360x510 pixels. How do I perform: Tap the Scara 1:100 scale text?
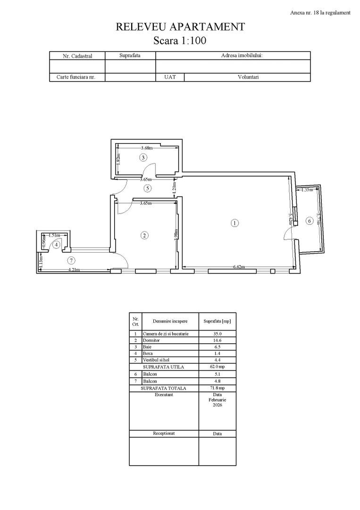click(x=180, y=41)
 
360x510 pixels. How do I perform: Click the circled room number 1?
click(x=234, y=223)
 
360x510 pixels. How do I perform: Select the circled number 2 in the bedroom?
click(x=145, y=235)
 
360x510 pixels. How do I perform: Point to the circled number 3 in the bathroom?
click(x=143, y=157)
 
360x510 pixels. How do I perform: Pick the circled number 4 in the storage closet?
click(x=56, y=245)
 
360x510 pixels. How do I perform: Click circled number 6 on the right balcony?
click(x=310, y=221)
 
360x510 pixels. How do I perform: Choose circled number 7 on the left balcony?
click(x=71, y=260)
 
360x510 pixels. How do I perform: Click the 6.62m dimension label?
click(x=239, y=267)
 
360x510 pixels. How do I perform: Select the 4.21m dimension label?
click(x=74, y=270)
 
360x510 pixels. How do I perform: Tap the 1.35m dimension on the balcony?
click(x=307, y=190)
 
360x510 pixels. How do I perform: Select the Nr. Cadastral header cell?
click(x=77, y=56)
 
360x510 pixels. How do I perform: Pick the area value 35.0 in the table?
click(x=217, y=333)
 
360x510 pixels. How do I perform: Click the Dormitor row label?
click(x=151, y=340)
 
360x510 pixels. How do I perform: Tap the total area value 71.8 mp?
click(x=217, y=388)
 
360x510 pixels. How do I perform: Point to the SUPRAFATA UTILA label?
click(x=163, y=367)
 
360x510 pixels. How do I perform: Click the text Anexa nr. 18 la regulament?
click(x=320, y=13)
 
